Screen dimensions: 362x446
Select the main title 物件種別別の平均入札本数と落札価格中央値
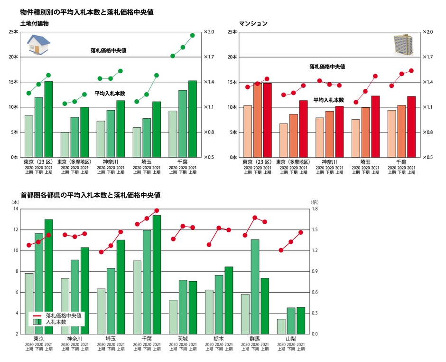87,11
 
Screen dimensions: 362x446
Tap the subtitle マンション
254,23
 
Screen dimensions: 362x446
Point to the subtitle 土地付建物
35,23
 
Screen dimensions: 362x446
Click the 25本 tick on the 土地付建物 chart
13,32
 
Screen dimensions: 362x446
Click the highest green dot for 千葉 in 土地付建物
193,35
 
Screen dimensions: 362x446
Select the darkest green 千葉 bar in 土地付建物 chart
193,119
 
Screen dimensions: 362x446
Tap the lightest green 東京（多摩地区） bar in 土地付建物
65,144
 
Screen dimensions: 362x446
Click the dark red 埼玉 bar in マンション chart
375,126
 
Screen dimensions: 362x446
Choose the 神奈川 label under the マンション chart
329,162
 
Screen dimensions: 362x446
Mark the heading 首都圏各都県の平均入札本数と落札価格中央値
90,195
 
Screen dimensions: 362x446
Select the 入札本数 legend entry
56,322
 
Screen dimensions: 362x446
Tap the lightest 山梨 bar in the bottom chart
281,326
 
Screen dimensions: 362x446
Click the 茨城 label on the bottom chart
183,339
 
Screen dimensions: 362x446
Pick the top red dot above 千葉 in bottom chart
157,210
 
